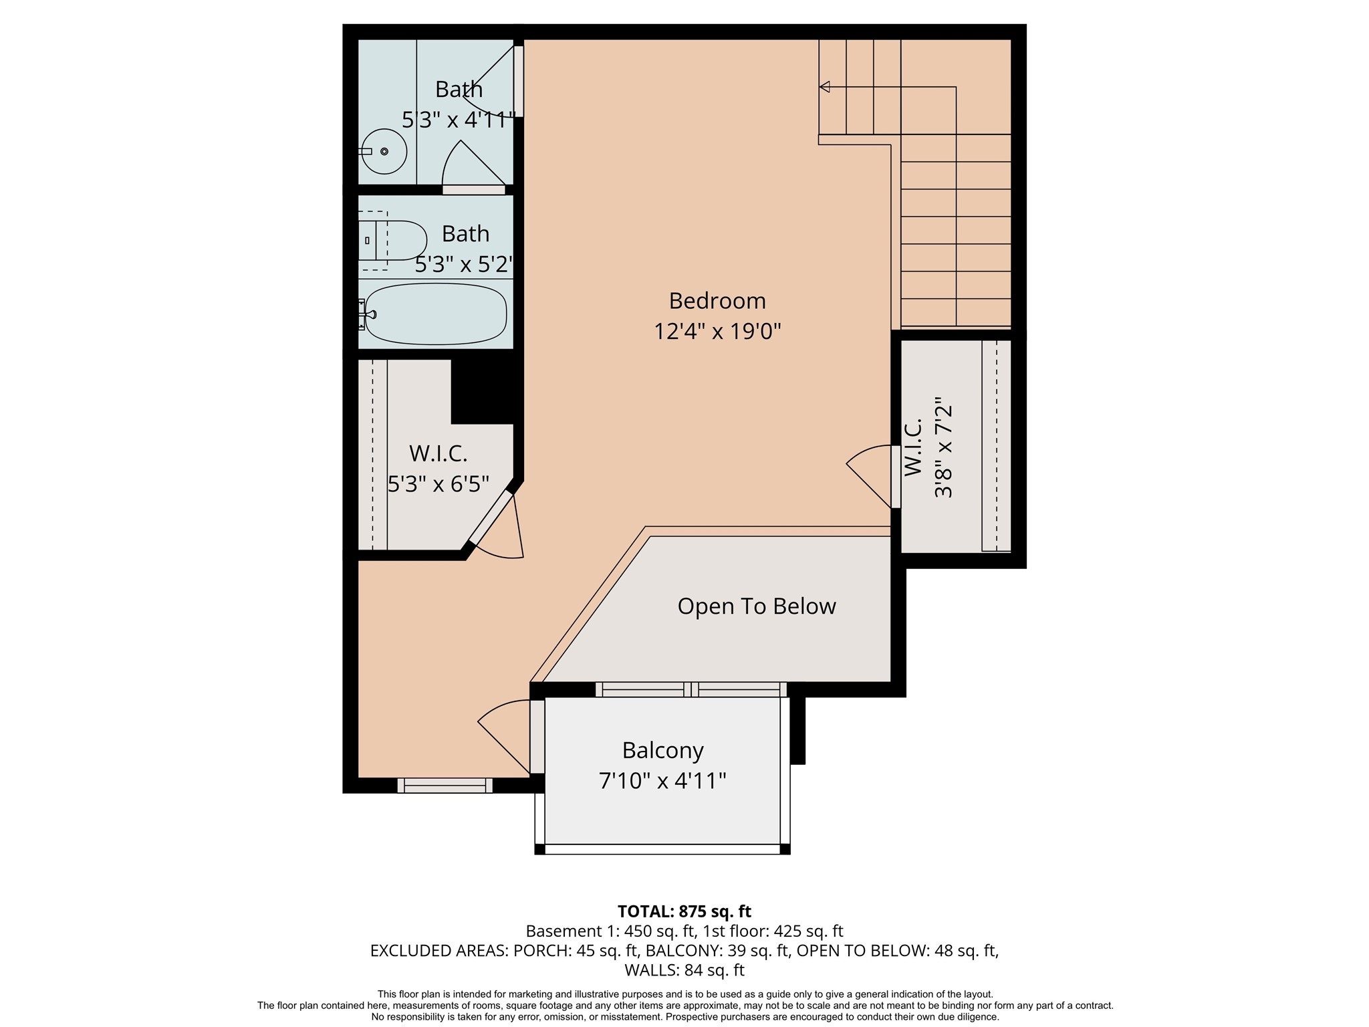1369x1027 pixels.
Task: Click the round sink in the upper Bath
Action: [385, 151]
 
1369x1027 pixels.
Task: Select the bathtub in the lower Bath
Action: [436, 314]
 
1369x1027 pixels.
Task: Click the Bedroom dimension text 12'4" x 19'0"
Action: [717, 331]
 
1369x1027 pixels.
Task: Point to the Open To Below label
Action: [756, 606]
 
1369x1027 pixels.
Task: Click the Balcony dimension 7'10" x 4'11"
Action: [662, 780]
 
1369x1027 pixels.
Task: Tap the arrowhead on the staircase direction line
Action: [825, 87]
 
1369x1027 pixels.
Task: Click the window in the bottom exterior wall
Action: [445, 786]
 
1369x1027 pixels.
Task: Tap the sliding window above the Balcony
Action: [691, 689]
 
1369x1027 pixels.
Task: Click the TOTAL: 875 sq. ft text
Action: [684, 911]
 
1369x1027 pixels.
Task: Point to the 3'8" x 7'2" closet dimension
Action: [943, 448]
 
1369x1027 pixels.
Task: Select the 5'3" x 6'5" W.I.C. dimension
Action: [439, 483]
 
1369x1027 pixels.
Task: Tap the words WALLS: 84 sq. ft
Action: [684, 969]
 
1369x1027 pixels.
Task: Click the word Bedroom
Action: [717, 301]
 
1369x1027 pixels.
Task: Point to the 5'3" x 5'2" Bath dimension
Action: [464, 265]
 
